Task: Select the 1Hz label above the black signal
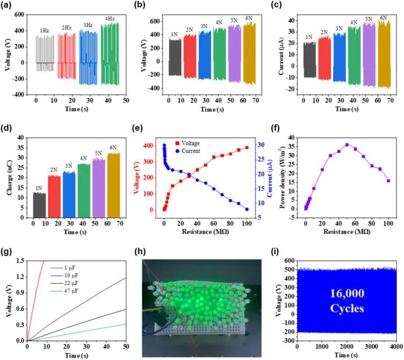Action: [44, 30]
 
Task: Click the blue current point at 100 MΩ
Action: [247, 209]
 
